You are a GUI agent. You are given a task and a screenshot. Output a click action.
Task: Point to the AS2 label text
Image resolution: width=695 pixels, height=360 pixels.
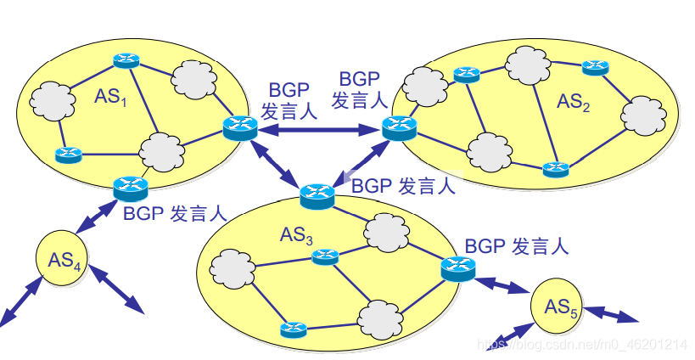(573, 102)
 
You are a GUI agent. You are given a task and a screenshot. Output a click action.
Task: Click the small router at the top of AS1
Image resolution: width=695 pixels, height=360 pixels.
(126, 60)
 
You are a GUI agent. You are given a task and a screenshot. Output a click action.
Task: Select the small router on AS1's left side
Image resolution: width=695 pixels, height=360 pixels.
(67, 155)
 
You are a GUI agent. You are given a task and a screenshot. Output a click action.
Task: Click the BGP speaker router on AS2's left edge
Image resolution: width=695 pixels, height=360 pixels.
(398, 127)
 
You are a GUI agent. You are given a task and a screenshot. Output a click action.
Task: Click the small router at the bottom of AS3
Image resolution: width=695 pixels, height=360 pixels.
(293, 329)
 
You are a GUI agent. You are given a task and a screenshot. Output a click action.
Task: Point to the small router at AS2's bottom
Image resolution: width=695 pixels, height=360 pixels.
(556, 167)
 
